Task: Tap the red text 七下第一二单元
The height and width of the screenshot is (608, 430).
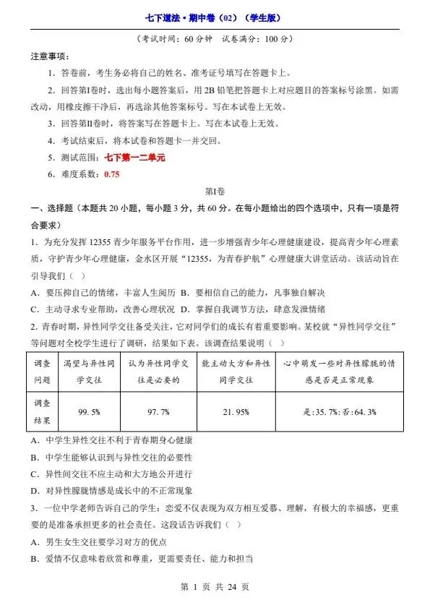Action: click(x=134, y=158)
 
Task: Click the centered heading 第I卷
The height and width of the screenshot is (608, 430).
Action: click(x=215, y=192)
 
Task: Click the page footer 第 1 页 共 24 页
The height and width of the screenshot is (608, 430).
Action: click(x=215, y=586)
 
